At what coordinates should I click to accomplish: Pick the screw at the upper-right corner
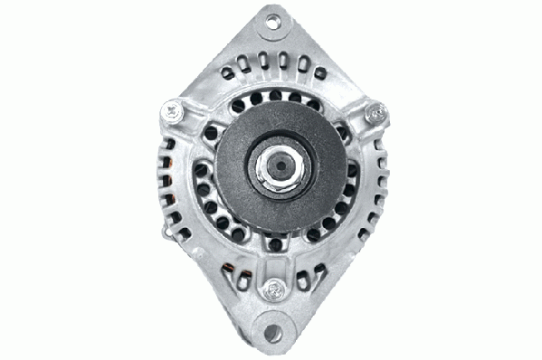pos(371,112)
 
